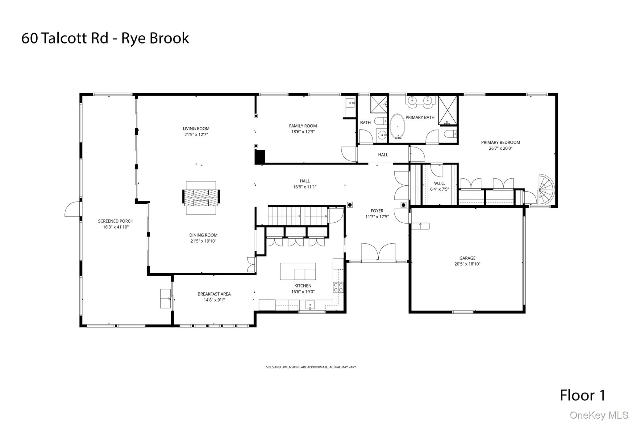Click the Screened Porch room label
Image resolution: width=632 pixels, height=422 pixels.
[x=116, y=221]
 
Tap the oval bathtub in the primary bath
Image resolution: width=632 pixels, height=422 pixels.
[x=397, y=126]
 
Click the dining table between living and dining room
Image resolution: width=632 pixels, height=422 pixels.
[x=201, y=198]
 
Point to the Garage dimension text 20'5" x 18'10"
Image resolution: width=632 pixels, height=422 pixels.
[x=467, y=264]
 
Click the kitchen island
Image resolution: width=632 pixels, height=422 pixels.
[x=298, y=271]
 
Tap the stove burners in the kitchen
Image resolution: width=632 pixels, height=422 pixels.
[x=338, y=287]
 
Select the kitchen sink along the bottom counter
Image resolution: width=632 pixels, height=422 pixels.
[x=310, y=305]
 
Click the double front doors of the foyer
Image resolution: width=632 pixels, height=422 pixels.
[x=378, y=252]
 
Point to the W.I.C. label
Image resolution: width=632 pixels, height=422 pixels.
[x=439, y=183]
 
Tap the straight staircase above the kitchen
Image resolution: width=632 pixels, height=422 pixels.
[x=297, y=216]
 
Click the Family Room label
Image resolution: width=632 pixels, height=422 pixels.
[x=303, y=126]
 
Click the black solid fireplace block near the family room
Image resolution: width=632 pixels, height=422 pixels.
[x=260, y=157]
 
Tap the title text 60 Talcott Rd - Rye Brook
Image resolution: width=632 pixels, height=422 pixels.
[x=105, y=38]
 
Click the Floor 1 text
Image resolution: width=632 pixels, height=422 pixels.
[x=582, y=395]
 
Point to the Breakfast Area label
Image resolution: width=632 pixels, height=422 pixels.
[x=214, y=294]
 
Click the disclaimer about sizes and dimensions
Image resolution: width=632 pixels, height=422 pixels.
[x=311, y=367]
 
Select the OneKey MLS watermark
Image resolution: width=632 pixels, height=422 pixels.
[x=599, y=415]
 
